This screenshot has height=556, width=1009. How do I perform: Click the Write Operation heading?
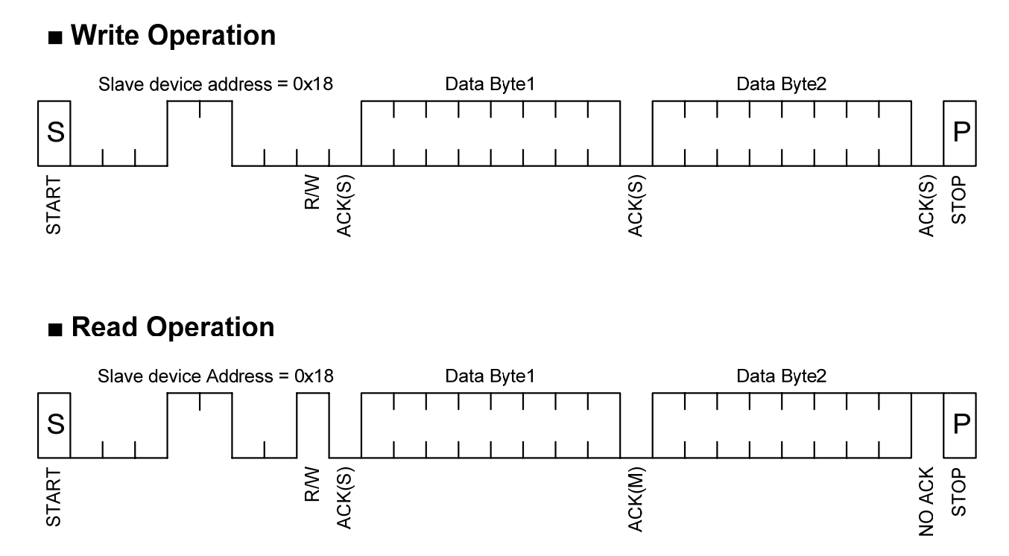click(x=173, y=36)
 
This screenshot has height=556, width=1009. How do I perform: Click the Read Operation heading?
click(x=172, y=327)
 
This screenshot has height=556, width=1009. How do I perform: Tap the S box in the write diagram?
click(x=54, y=133)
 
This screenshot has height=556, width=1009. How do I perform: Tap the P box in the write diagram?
click(x=961, y=133)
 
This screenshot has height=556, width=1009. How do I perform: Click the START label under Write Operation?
click(x=54, y=205)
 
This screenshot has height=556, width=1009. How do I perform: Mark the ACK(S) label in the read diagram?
click(x=345, y=498)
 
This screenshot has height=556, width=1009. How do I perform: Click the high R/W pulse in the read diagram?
click(x=313, y=425)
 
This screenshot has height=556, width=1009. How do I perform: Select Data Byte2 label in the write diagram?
click(x=782, y=85)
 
